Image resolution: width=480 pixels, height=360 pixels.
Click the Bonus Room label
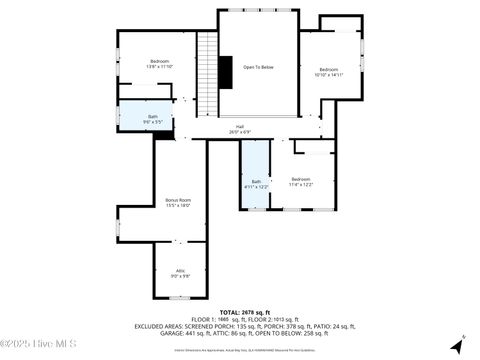click(x=178, y=199)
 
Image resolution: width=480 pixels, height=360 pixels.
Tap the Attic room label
click(x=181, y=270)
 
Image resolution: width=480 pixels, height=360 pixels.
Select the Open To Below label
click(x=258, y=67)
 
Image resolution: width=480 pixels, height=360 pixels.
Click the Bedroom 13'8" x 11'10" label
click(x=160, y=61)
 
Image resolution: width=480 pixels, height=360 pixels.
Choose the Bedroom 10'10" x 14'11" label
click(x=328, y=69)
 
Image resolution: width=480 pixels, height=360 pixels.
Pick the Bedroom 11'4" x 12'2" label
click(x=301, y=178)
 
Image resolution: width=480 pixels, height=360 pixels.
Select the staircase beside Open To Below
click(x=207, y=75)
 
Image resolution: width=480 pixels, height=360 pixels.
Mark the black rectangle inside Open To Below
click(x=224, y=73)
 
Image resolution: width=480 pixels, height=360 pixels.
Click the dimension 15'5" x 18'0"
click(x=178, y=205)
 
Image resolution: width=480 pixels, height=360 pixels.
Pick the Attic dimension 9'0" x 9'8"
click(x=181, y=276)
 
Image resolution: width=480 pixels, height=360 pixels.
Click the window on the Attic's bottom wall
click(x=181, y=298)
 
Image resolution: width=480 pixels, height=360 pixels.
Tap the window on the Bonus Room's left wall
click(x=118, y=223)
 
